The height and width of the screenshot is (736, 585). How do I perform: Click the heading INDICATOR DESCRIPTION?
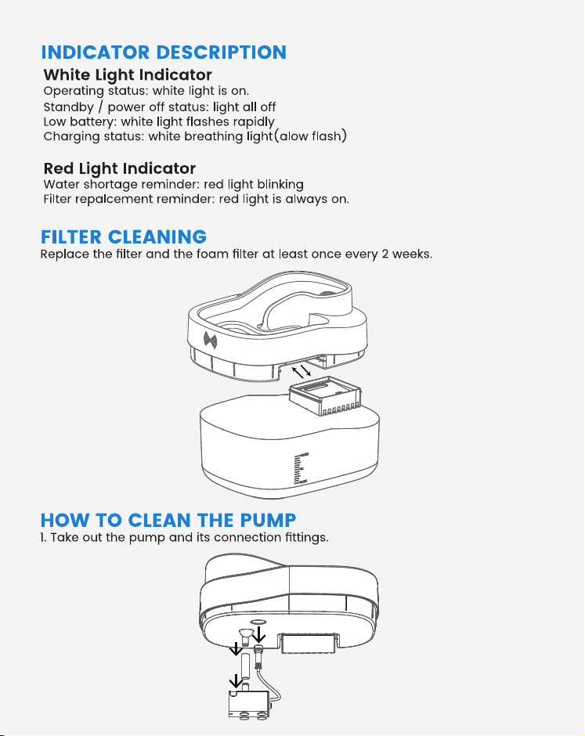pos(164,52)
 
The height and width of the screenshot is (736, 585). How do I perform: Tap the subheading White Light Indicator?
pos(128,75)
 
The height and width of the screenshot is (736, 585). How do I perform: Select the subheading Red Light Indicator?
pos(120,168)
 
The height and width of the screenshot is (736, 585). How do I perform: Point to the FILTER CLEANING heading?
pos(124,237)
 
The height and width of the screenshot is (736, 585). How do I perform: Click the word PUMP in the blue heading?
pos(268,521)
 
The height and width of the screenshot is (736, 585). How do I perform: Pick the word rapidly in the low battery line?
pos(254,122)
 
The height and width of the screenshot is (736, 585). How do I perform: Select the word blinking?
pos(280,185)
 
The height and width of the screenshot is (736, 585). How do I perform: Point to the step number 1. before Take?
pos(43,537)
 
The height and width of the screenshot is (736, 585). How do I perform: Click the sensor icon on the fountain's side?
pos(211,340)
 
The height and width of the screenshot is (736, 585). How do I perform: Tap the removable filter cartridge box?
pos(325,397)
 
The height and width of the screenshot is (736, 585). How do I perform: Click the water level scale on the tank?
pos(301,468)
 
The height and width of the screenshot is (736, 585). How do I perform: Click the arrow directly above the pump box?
pos(236,681)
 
